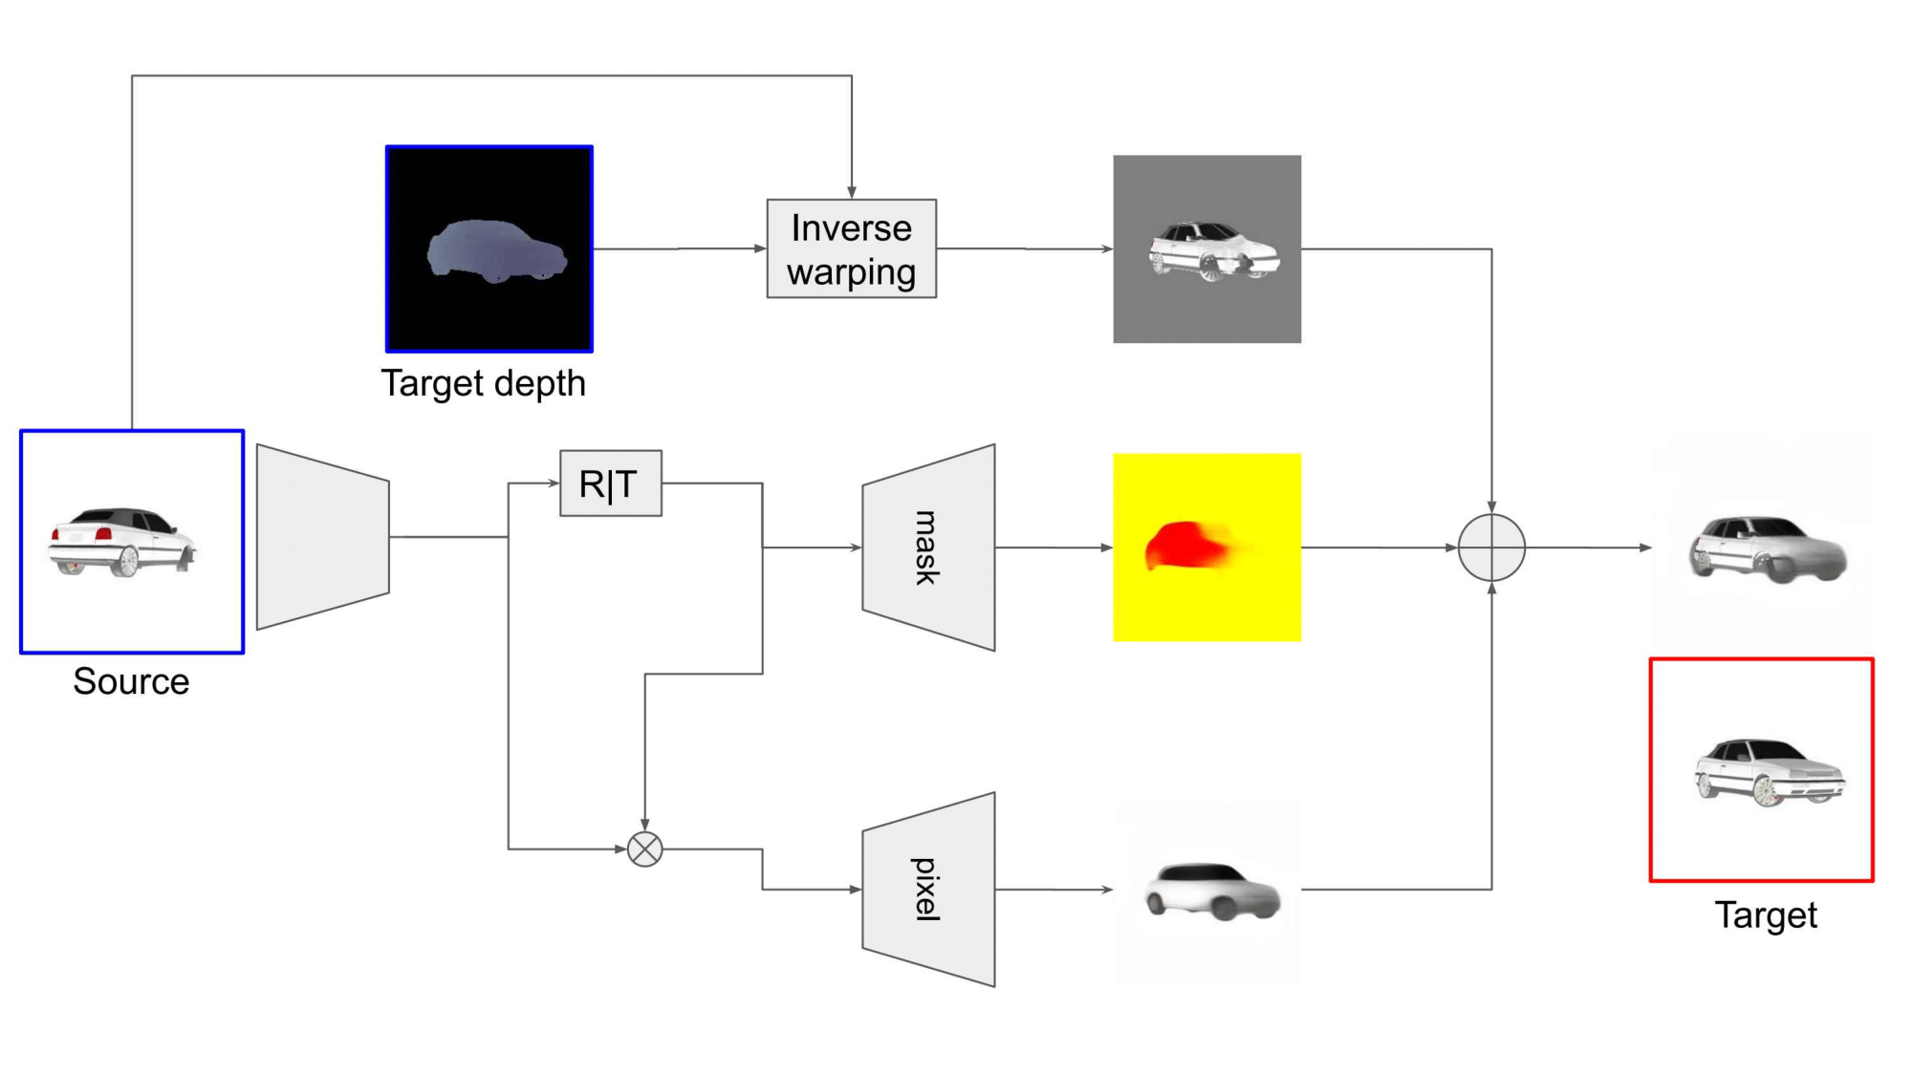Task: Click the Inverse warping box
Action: coord(851,248)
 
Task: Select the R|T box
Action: coord(610,484)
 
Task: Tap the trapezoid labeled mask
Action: coord(928,548)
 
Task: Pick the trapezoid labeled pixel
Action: coord(928,890)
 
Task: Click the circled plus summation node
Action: coord(1491,548)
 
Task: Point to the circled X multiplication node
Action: coord(645,849)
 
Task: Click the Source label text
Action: coord(131,681)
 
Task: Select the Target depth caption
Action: coord(483,383)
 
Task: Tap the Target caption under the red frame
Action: coord(1765,915)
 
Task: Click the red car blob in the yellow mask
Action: coord(1186,546)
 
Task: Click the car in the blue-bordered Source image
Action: coord(121,542)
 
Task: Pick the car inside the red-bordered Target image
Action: coord(1769,772)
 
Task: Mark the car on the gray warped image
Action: coord(1212,250)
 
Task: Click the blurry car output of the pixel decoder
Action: coord(1212,892)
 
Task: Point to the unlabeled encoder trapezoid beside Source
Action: coord(322,537)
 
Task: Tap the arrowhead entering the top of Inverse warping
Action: coord(851,193)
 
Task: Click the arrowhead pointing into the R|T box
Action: coord(554,484)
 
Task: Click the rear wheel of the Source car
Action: coord(126,562)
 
